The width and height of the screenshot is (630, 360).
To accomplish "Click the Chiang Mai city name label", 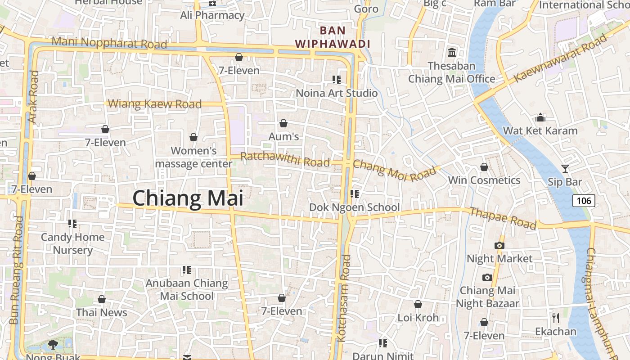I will (188, 198).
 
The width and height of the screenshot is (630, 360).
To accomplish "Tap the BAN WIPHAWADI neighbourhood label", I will (333, 37).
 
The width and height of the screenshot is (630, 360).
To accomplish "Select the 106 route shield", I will (584, 201).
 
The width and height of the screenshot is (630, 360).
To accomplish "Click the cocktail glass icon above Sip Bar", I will (565, 169).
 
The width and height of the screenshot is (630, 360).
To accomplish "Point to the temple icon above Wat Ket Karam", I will (540, 118).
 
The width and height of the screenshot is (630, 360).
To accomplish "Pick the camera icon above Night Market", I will (499, 245).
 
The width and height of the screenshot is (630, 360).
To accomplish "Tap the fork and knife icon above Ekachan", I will (556, 318).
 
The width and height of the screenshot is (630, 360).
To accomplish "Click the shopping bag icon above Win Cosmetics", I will (484, 167).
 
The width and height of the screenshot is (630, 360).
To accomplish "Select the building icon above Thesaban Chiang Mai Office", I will (452, 52).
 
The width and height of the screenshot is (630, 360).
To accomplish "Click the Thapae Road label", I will (503, 218).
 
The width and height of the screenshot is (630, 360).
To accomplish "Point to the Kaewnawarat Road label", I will (560, 58).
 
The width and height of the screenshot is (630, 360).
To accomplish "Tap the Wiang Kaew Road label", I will (155, 104).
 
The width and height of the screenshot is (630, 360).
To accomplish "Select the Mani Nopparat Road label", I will (109, 43).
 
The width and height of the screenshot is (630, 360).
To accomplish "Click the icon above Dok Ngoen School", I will (355, 194).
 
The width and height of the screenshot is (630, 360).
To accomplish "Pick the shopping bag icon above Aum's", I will (283, 123).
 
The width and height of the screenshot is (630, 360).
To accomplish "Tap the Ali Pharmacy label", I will (212, 15).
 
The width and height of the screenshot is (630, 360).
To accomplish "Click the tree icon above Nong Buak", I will (53, 345).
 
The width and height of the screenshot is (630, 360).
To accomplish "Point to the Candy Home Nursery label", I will (73, 243).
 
